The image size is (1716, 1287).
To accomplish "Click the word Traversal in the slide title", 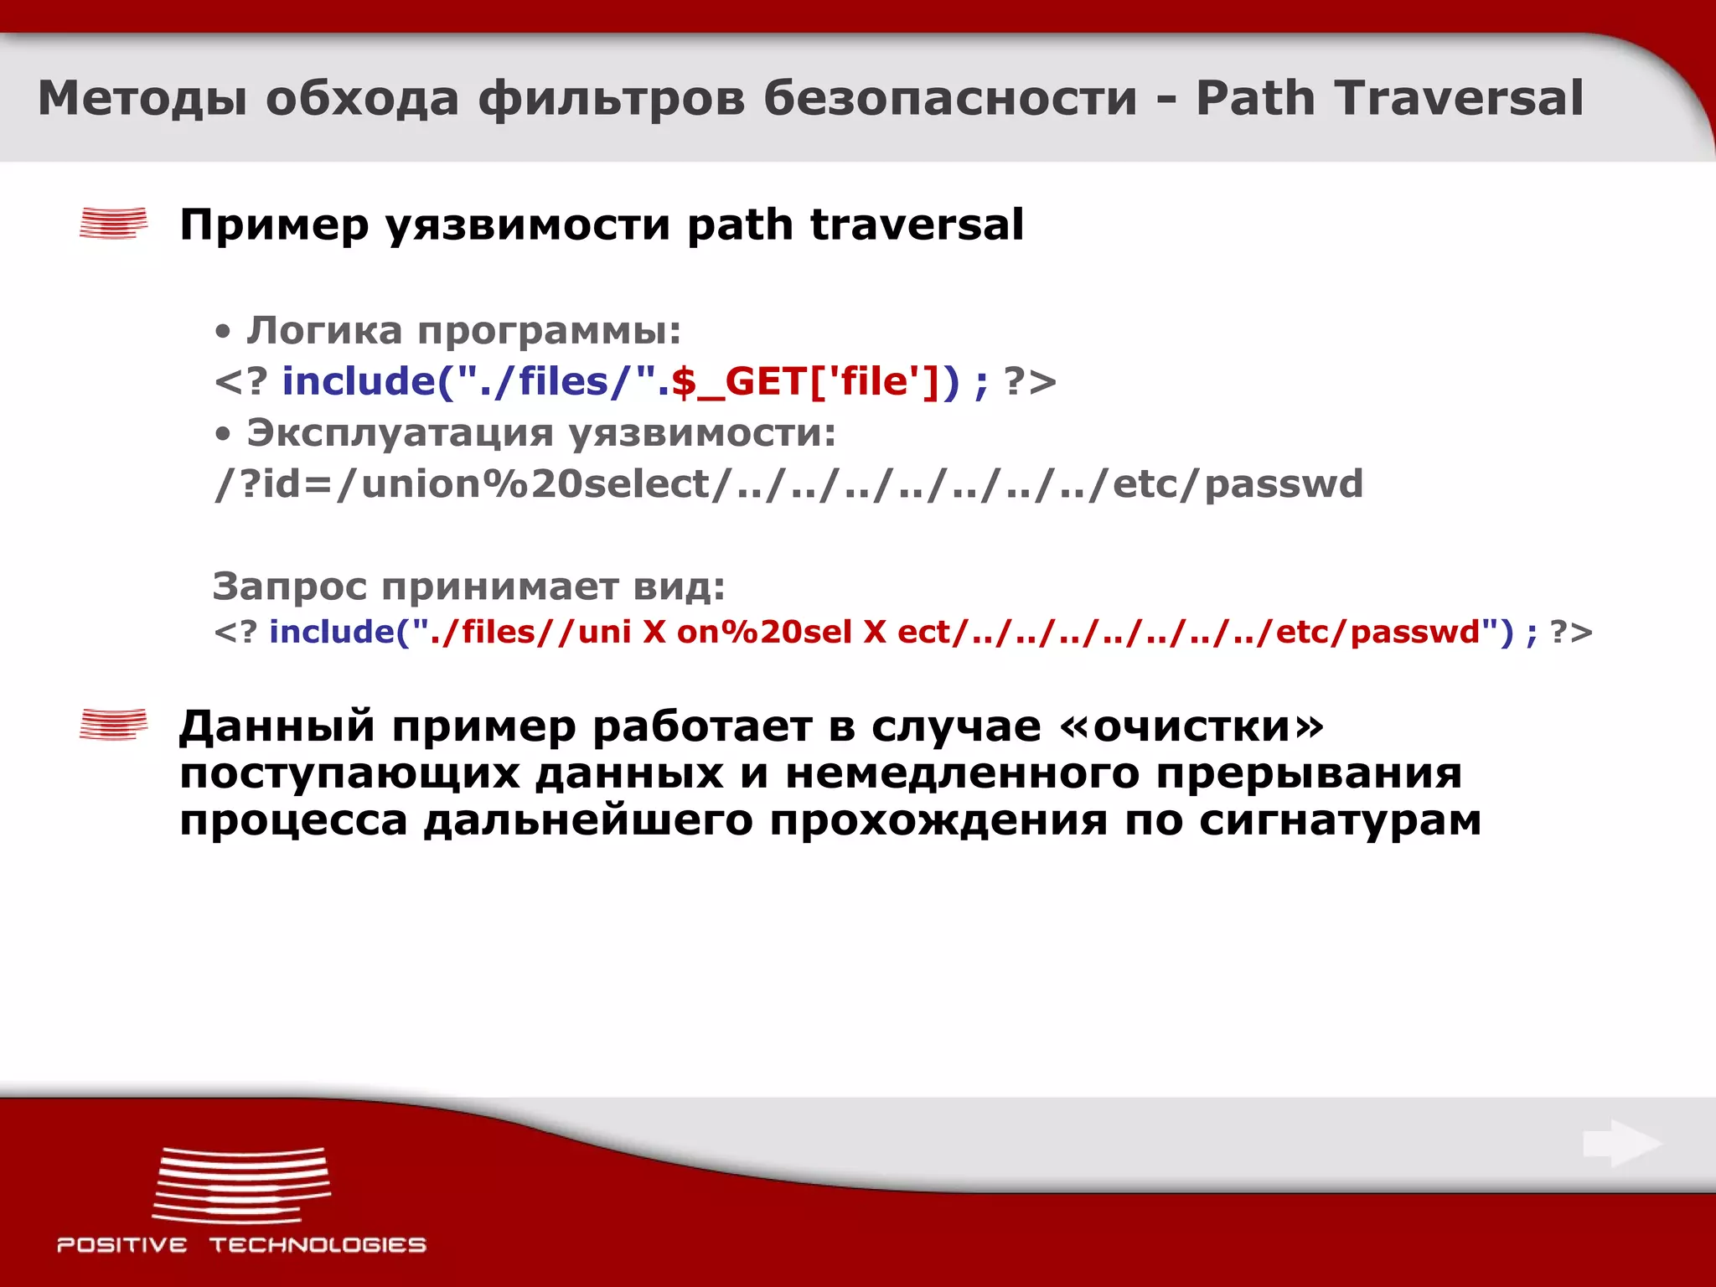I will pyautogui.click(x=1458, y=98).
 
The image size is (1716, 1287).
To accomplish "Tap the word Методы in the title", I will pyautogui.click(x=142, y=98).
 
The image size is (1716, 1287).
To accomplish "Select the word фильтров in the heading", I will pyautogui.click(x=611, y=98).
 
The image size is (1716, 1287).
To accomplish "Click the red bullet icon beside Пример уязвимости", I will pyautogui.click(x=113, y=224).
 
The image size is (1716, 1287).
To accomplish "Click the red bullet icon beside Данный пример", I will pyautogui.click(x=113, y=725).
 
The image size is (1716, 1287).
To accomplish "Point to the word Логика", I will pyautogui.click(x=324, y=330).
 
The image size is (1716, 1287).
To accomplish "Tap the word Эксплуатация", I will pyautogui.click(x=400, y=433).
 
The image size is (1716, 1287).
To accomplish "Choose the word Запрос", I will pyautogui.click(x=289, y=587).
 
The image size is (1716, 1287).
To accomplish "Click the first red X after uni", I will pyautogui.click(x=654, y=632).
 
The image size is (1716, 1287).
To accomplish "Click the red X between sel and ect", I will pyautogui.click(x=875, y=632).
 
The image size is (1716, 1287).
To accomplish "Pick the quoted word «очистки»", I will pyautogui.click(x=1191, y=726).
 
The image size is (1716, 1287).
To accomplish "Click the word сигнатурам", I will pyautogui.click(x=1340, y=820).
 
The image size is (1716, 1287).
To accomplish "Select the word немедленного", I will pyautogui.click(x=961, y=773).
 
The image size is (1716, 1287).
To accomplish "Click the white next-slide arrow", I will pyautogui.click(x=1621, y=1144).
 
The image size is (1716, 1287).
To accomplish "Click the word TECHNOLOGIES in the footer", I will pyautogui.click(x=318, y=1245).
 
